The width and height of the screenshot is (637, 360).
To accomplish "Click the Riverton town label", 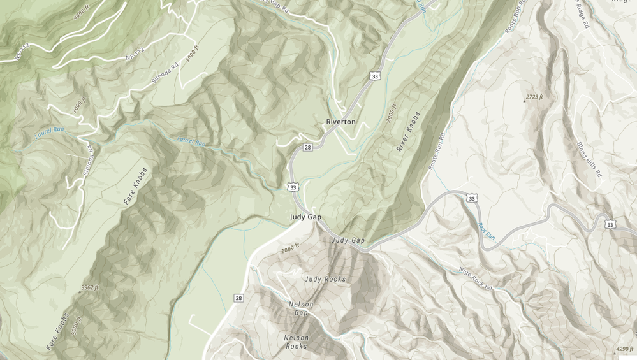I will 340,121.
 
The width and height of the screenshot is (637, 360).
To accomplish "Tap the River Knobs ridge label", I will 408,132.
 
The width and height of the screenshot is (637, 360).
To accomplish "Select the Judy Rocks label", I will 325,279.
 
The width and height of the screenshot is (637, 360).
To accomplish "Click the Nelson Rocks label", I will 296,342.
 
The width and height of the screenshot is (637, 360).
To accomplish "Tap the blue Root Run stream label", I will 486,231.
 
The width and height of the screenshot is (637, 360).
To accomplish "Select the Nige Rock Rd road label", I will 476,278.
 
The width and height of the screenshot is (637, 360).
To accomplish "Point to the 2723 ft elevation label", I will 534,97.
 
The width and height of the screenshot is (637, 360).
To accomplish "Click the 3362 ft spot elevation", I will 90,288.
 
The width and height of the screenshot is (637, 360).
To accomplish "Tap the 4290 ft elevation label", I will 624,349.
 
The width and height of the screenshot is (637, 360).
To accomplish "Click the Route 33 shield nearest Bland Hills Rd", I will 610,224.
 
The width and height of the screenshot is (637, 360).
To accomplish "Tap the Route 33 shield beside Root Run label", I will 472,199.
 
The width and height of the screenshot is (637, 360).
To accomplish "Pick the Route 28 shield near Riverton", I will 308,147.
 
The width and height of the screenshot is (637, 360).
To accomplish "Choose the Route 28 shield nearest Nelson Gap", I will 238,298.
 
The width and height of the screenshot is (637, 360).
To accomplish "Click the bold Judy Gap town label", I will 305,217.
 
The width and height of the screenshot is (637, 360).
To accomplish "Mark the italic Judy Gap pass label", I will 348,240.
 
